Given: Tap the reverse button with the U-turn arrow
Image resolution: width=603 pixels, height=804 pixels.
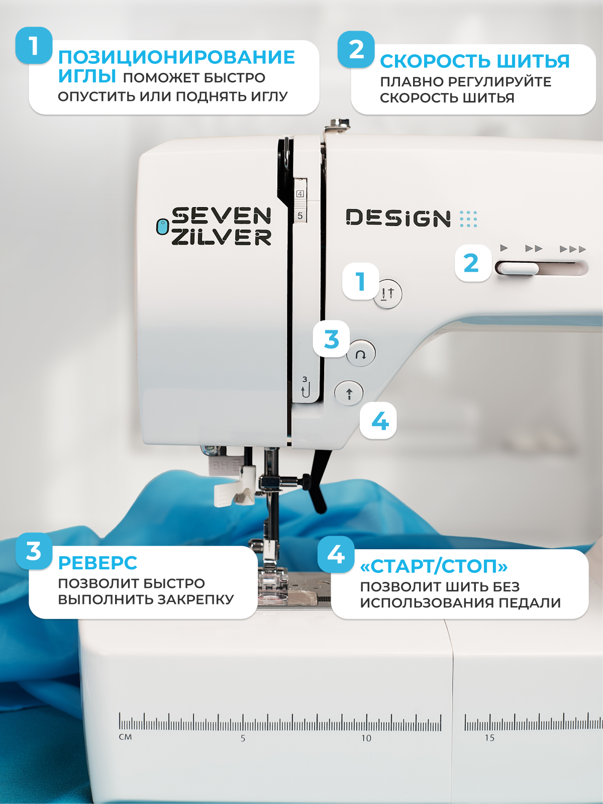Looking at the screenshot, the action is pos(361,353).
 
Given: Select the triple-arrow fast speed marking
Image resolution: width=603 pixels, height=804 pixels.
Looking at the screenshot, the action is pos(573,249).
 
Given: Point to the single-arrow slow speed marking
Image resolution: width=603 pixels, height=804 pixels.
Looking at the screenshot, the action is pos(504,248).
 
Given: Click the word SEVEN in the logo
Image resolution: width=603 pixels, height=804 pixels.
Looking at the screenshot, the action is pos(222,216).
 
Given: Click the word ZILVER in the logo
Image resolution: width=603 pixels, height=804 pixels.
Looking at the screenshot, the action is pos(222,237).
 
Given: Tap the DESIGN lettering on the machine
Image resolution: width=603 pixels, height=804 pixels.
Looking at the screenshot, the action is pos(398,218).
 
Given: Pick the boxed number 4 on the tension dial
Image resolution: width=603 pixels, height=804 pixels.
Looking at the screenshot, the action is pos(300,194).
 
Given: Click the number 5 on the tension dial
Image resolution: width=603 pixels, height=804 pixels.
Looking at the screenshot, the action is pos(300,216).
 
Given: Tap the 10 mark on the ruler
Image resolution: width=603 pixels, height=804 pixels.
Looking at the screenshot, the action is pos(366,738).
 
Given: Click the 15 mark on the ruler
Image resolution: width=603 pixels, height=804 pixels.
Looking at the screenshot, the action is pos(490,738).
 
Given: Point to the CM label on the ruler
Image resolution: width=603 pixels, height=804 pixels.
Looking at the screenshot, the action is pos(125,737).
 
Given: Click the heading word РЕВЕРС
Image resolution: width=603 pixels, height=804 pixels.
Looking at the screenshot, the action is pos(98,563).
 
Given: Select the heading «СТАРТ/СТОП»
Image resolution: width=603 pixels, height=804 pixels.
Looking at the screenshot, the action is pos(434,567).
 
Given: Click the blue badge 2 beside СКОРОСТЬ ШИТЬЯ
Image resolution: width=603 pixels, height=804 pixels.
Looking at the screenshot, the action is pos(356,49).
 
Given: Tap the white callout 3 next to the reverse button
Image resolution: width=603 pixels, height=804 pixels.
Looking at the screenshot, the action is pos(331,339).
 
